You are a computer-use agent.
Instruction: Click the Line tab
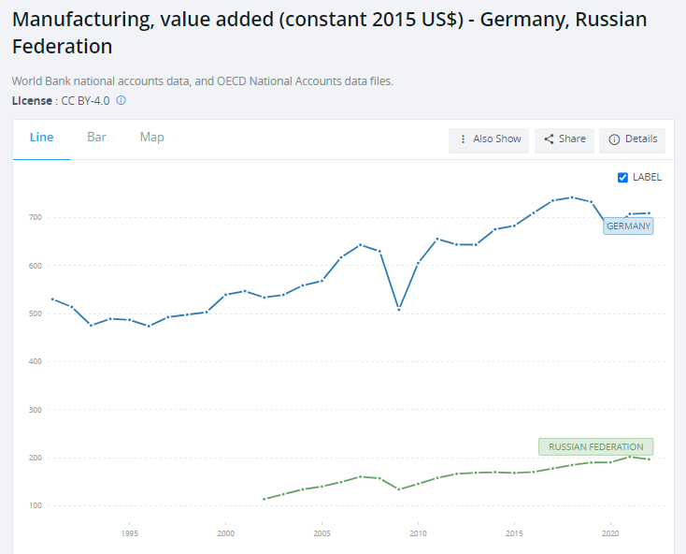click(42, 138)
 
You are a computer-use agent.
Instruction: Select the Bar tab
click(96, 138)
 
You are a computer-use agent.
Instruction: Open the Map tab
click(151, 138)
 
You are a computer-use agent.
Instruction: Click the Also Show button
click(489, 139)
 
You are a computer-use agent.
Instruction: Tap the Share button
click(565, 139)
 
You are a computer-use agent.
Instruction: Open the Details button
click(633, 139)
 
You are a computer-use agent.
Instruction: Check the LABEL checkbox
click(623, 178)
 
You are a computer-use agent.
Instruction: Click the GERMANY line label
click(628, 226)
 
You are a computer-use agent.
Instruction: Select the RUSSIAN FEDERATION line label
click(595, 447)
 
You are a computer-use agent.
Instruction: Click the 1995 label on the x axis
click(129, 533)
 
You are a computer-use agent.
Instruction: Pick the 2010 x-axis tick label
click(418, 533)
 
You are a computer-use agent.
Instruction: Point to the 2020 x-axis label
click(610, 533)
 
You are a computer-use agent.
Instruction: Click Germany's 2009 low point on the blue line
click(399, 309)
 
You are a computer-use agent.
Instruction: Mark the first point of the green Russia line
click(264, 499)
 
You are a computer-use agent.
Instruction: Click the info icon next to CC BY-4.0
click(121, 100)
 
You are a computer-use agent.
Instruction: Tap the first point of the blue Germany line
click(52, 299)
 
